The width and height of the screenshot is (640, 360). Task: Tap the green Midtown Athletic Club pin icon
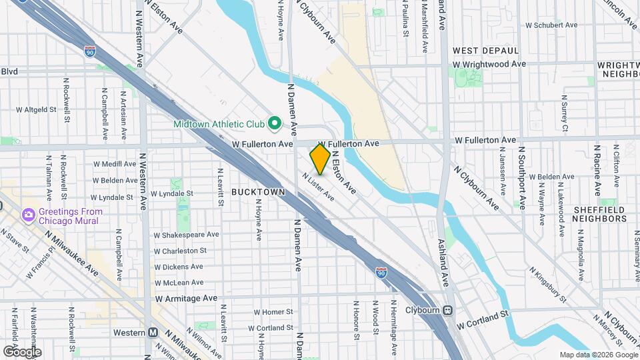coord(273,123)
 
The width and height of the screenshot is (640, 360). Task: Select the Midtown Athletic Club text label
coord(219,124)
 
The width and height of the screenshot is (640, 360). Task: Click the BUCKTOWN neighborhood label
coord(258,192)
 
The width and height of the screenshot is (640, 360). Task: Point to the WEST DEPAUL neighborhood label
coord(485,51)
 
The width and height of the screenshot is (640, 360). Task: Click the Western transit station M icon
coord(153,333)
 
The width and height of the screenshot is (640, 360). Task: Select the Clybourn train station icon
coord(448,310)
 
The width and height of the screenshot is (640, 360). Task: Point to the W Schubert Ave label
coord(551,25)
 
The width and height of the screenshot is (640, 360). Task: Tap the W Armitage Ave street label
coord(186,298)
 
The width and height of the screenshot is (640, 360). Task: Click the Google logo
coord(22,351)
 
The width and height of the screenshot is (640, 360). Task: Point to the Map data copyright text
coord(598,355)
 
